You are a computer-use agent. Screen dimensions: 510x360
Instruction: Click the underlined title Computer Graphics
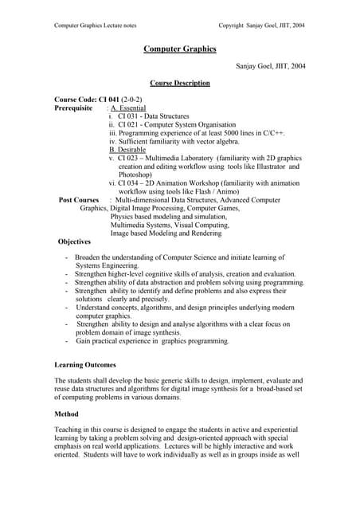coord(179,49)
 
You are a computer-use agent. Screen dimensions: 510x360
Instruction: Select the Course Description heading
coord(180,83)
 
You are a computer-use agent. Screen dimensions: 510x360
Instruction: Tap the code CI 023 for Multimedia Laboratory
coord(131,159)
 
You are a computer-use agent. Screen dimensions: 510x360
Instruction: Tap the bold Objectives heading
coord(74,241)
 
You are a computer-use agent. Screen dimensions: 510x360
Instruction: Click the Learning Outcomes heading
coord(84,364)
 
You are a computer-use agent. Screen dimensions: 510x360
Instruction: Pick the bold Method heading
coord(66,414)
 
